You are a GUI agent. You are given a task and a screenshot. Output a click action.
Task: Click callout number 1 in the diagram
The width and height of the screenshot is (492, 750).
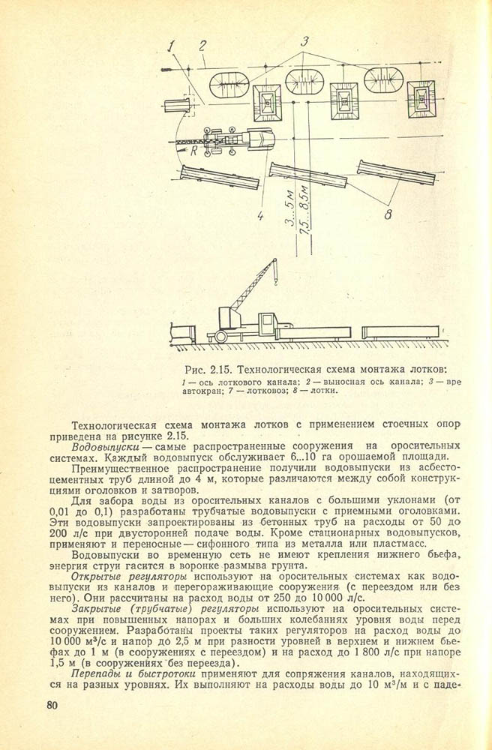(x=171, y=48)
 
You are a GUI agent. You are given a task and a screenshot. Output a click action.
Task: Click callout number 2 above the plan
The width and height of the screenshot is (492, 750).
(x=202, y=46)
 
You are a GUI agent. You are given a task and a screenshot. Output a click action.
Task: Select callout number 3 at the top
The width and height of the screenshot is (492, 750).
(x=304, y=42)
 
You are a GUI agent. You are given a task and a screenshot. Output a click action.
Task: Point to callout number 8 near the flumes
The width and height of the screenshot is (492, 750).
(x=387, y=215)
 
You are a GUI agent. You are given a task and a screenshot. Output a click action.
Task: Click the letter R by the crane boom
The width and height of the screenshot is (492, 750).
(x=193, y=151)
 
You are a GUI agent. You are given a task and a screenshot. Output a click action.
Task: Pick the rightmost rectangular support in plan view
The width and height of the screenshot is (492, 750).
(x=421, y=98)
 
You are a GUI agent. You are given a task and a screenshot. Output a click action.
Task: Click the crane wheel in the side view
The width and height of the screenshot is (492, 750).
(x=221, y=337)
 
